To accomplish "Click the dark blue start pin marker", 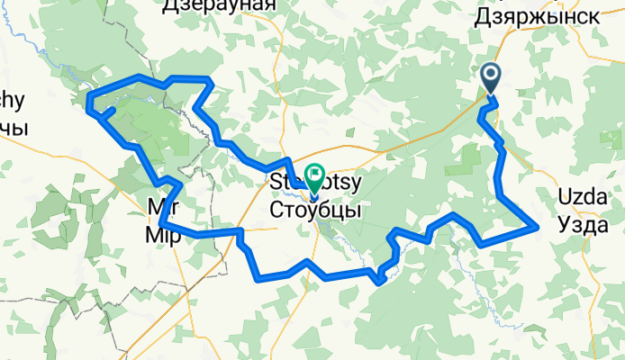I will tap(493, 77).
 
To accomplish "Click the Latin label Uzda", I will tap(584, 200).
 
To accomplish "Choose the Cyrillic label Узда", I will tap(584, 224).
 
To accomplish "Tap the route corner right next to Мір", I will tap(160, 221).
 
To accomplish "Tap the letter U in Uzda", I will tap(566, 200).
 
